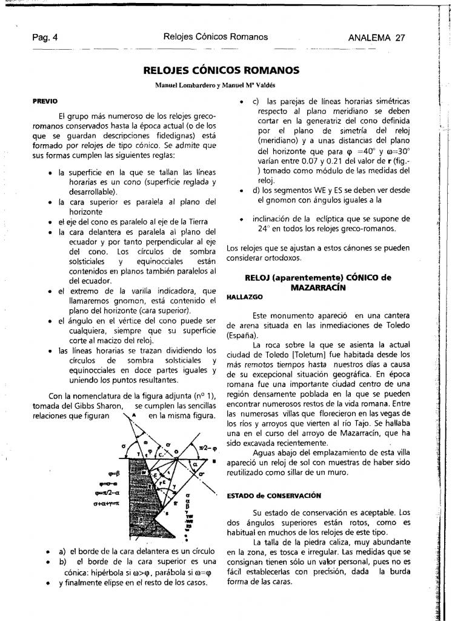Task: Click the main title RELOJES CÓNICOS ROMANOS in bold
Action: pos(221,70)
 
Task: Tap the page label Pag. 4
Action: pos(45,37)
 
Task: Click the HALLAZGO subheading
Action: pos(243,298)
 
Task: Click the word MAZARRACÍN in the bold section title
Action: pos(318,287)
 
